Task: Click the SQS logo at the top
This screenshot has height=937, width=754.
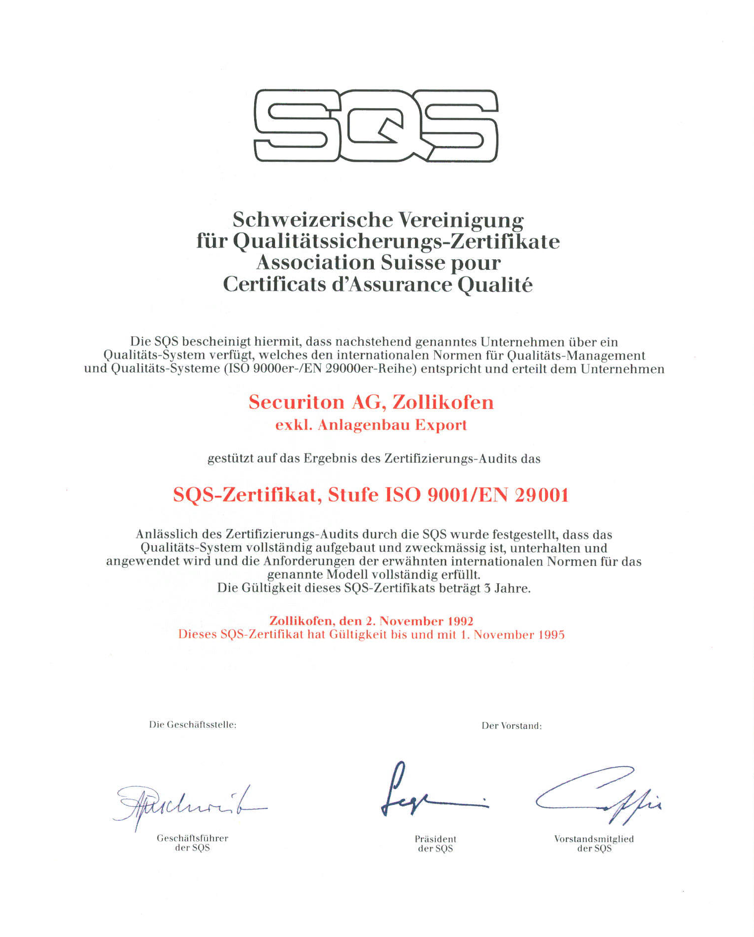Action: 376,125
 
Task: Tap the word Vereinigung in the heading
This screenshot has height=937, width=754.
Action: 461,220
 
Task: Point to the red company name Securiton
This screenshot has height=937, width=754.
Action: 296,402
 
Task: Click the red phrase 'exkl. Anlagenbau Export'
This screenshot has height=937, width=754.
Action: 371,425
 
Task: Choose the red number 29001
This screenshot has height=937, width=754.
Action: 541,495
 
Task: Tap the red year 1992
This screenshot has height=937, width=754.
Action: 460,621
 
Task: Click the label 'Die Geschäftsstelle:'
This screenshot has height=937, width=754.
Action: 193,725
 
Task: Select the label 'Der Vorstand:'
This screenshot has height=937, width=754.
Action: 511,726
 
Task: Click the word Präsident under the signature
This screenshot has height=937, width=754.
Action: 435,839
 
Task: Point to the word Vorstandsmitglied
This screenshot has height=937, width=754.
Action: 594,839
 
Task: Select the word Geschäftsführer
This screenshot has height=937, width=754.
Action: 193,838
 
